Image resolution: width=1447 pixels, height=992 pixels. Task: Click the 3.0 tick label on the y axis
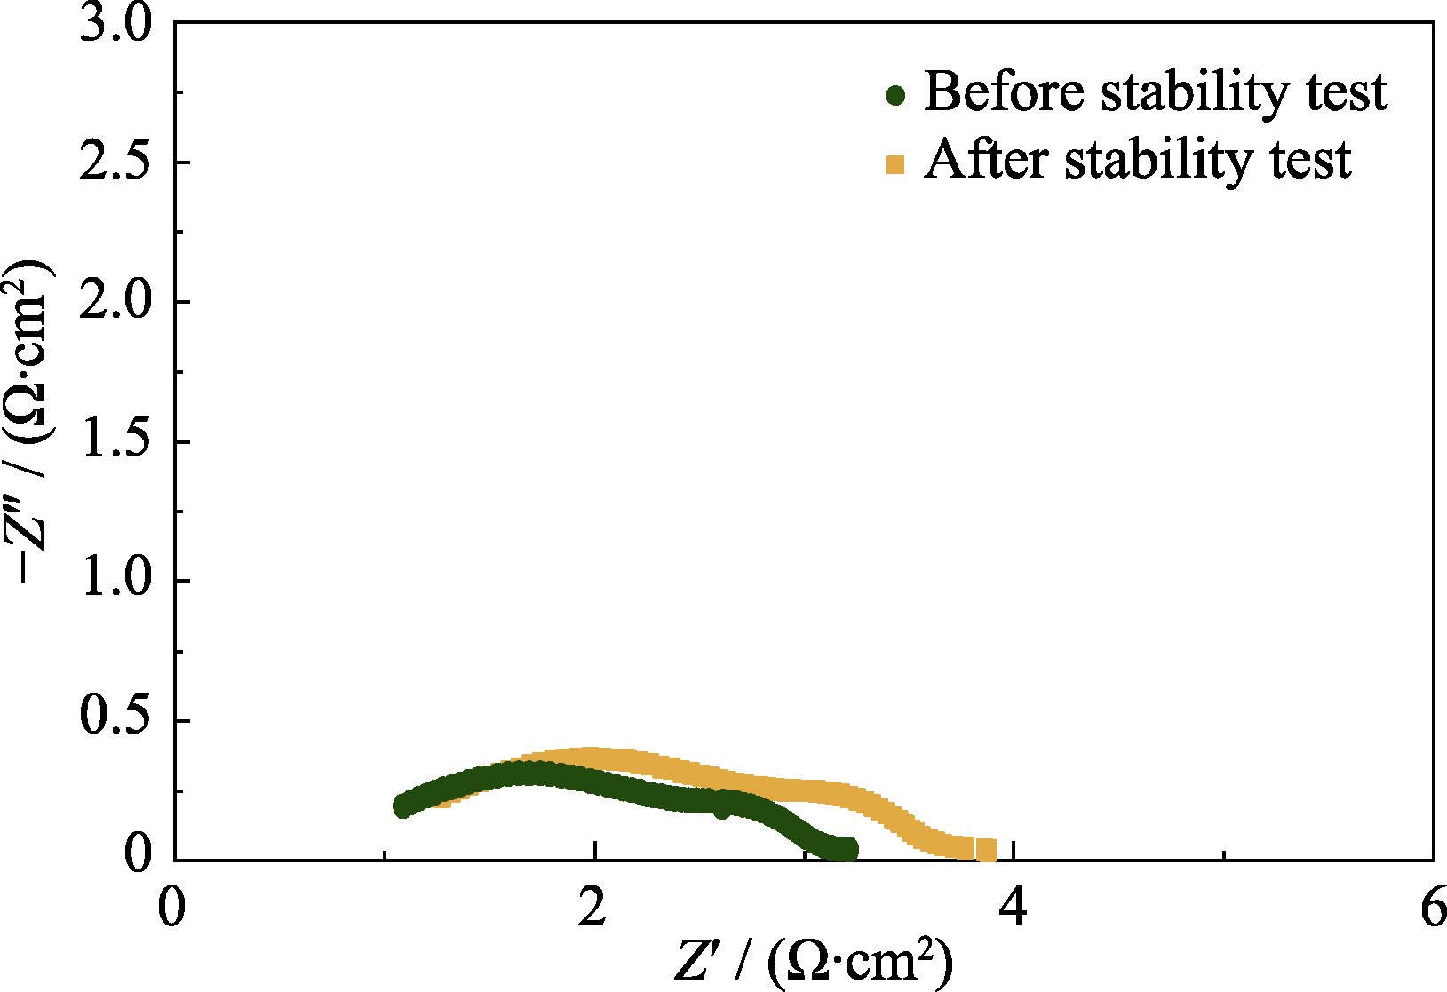116,25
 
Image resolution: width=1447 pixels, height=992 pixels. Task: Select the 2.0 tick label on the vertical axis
116,303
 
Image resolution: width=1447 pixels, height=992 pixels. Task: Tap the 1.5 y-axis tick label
116,442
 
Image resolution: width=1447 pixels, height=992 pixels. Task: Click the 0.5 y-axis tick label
116,720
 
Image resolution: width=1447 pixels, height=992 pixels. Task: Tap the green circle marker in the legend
895,95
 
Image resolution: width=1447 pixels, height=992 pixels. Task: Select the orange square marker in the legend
895,164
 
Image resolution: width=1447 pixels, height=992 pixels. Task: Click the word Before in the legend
1004,91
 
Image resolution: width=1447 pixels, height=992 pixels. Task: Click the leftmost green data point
403,806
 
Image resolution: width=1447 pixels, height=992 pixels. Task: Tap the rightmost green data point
849,848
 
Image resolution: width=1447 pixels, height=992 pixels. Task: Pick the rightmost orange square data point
986,851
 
